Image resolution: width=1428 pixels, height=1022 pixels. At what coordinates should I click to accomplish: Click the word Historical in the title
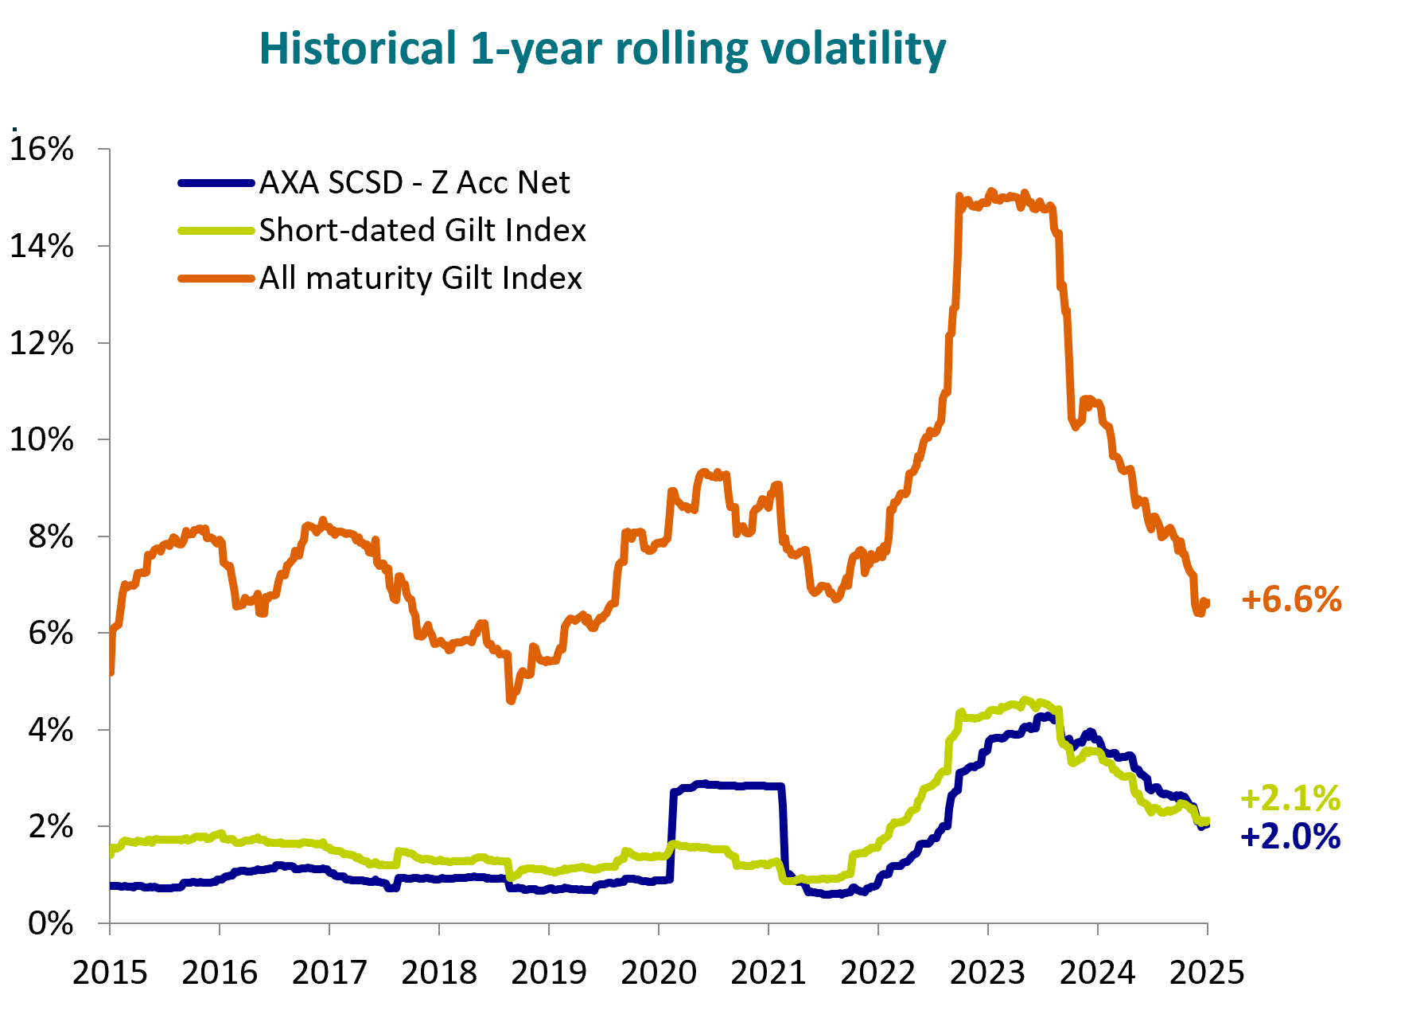pos(357,49)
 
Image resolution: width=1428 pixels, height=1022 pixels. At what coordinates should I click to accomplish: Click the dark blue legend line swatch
pos(216,183)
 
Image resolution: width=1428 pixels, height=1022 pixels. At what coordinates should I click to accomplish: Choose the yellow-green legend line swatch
pos(216,231)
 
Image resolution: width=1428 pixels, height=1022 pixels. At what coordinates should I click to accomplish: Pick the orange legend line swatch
pos(216,279)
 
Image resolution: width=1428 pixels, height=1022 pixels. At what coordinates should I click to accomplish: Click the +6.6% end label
pos(1291,600)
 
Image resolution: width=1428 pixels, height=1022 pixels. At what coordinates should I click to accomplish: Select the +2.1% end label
pos(1290,798)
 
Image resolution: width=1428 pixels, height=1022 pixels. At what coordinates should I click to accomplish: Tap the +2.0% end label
pos(1290,837)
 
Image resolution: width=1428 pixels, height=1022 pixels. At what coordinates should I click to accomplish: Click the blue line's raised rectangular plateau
pos(728,786)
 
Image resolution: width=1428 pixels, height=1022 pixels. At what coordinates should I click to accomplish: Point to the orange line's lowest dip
pos(510,700)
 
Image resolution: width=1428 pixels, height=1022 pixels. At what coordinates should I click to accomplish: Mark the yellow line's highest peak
pos(1026,700)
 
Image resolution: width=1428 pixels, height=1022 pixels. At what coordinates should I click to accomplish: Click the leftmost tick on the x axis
pos(110,928)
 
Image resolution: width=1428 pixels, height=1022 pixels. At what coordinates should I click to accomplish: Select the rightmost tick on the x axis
pos(1208,928)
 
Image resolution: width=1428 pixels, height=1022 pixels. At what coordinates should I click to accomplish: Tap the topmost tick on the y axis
pos(103,149)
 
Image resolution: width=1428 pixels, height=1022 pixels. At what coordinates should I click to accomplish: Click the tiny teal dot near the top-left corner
pos(14,129)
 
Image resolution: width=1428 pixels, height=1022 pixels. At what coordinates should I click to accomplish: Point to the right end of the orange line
pos(1207,603)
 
